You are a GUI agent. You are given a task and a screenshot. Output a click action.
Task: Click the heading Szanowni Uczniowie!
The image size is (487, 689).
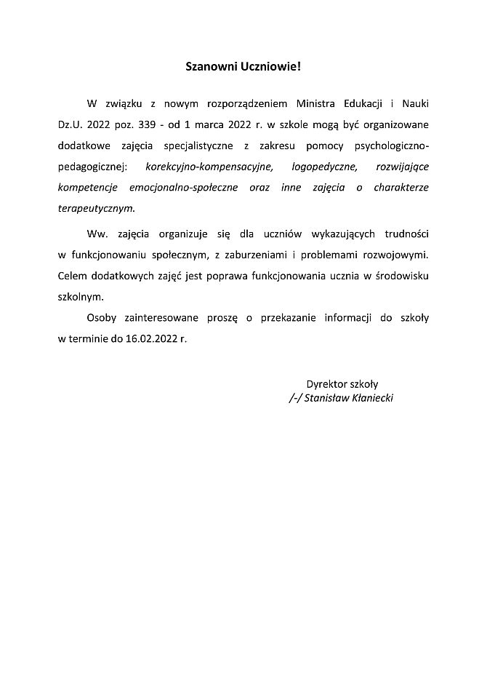pos(242,66)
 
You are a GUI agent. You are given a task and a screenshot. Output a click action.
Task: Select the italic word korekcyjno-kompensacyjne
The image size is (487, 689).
pos(209,167)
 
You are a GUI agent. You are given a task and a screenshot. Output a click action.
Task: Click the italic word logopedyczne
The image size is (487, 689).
pos(324,167)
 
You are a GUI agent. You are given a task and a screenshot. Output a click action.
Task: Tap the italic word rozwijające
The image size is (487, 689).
pos(403,167)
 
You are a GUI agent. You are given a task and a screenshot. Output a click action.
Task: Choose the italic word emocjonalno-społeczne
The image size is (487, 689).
pos(183,187)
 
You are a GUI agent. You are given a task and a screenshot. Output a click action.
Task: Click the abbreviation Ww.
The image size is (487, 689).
pos(96,235)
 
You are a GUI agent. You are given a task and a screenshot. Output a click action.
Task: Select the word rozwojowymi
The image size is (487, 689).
pos(399,255)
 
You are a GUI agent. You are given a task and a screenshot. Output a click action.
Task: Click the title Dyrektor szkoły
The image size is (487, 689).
pos(342,384)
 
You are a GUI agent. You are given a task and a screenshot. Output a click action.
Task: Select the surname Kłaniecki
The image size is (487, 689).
pos(367,398)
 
